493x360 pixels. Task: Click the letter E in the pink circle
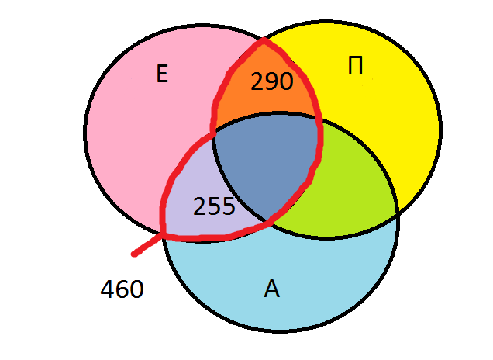coord(162,74)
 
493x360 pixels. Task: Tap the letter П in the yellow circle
coord(356,66)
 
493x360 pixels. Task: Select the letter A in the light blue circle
coord(271,289)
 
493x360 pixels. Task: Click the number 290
coord(272,81)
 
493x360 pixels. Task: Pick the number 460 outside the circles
coord(122,289)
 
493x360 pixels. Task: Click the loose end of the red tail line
coord(135,254)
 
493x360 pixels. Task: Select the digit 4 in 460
coord(108,289)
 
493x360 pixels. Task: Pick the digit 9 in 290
coord(272,81)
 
